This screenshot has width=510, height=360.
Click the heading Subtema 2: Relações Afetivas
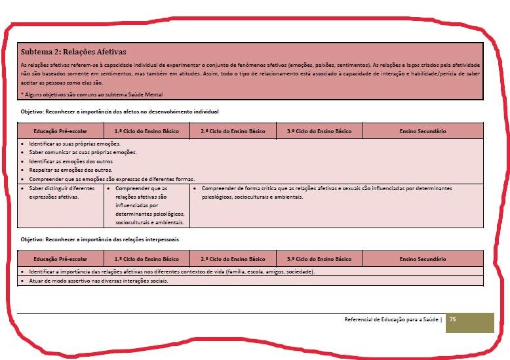click(73, 51)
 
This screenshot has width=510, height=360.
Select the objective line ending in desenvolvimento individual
click(119, 112)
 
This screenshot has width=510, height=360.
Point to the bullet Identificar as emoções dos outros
click(70, 161)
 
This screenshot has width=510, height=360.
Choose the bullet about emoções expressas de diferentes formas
click(111, 178)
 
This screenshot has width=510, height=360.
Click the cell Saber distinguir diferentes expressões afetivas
click(62, 191)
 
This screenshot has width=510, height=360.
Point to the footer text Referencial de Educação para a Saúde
click(392, 319)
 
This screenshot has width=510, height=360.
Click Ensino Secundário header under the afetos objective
click(422, 131)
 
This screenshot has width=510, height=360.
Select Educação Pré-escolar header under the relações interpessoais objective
click(60, 259)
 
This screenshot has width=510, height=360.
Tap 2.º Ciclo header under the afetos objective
click(233, 131)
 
